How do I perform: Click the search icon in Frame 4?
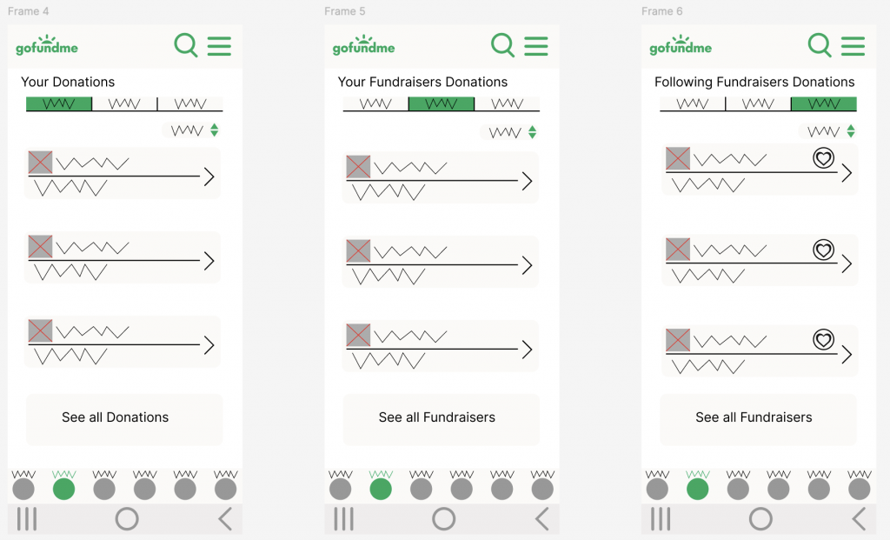click(x=186, y=45)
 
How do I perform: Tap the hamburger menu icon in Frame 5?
click(x=535, y=46)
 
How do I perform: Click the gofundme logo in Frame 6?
click(x=681, y=45)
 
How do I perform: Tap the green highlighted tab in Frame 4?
click(x=59, y=103)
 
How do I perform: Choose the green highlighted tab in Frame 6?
click(x=824, y=103)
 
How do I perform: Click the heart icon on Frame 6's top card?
click(x=823, y=158)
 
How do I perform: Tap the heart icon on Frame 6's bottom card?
click(x=823, y=339)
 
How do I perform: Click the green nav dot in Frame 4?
click(x=63, y=489)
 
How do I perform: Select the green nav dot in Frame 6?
click(x=698, y=489)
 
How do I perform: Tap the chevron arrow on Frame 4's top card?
click(x=209, y=177)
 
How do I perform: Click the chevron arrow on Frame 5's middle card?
click(x=527, y=265)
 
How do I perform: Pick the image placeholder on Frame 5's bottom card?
click(x=358, y=335)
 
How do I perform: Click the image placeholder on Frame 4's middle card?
click(x=40, y=246)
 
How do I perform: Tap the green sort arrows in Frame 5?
click(x=533, y=132)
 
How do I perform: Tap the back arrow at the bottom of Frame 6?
click(x=860, y=519)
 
